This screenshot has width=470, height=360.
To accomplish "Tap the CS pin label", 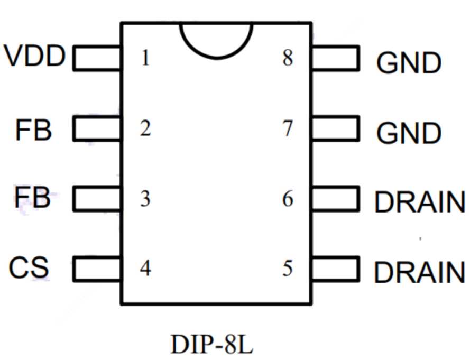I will (x=29, y=267).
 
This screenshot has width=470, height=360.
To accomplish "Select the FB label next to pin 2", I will (x=33, y=130).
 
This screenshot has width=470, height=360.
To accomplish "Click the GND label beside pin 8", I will (x=409, y=64).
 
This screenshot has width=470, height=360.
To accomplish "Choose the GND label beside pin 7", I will (x=409, y=134).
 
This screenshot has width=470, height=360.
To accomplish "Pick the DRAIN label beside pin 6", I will (x=420, y=203).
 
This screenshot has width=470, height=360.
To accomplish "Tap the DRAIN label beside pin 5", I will (x=420, y=272).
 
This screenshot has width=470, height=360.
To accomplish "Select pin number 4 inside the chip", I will (x=145, y=269).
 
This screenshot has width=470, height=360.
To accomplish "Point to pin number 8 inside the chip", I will (x=288, y=59).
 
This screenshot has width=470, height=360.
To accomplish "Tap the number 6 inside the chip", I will (x=288, y=200).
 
